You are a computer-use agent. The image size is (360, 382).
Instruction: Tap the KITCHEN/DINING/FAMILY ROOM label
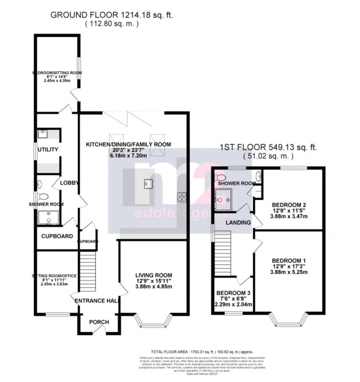pos(128,144)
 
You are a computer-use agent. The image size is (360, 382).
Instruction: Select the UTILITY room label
pos(48,150)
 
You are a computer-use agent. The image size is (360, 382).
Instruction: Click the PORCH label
pos(99,322)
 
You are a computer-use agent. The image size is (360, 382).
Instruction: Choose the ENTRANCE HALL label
pos(98,301)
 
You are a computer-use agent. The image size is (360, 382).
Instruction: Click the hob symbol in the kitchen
pos(182,196)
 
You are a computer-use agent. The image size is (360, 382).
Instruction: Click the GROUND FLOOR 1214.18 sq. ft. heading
pos(112,15)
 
